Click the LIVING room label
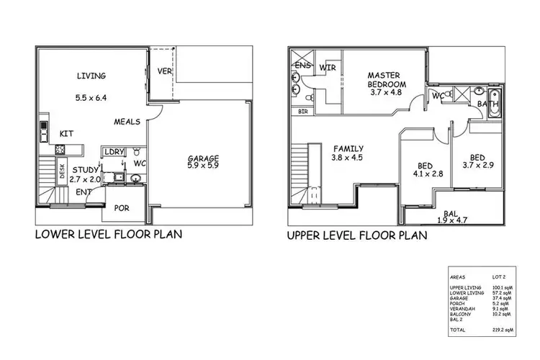pos(91,76)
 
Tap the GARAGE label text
pos(204,158)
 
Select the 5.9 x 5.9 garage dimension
pos(203,168)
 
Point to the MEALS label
pos(127,122)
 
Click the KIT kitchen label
pos(66,133)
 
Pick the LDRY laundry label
pos(114,152)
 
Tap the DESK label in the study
pos(62,171)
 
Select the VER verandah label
pos(163,71)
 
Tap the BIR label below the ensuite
pos(302,112)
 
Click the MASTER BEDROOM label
pos(389,79)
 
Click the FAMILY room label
pos(347,149)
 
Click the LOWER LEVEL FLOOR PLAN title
pos(108,234)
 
